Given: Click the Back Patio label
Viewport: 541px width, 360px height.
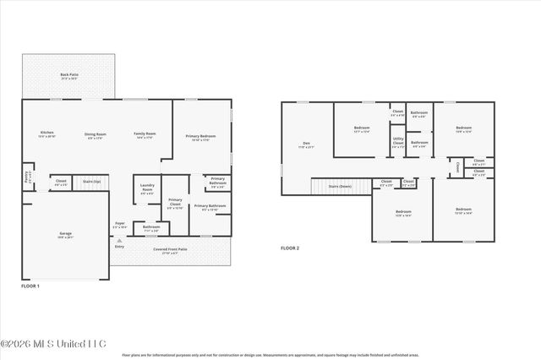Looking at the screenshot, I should [69, 76].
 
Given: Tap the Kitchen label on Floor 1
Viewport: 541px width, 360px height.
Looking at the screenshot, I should [47, 134].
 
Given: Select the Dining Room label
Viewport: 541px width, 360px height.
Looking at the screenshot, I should [95, 135].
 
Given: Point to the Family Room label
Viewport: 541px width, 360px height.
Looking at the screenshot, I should [145, 135].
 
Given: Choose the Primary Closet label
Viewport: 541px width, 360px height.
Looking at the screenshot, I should [174, 203].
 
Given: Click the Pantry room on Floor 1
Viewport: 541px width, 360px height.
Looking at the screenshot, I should [26, 180].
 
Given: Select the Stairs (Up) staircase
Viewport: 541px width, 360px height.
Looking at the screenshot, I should [91, 182].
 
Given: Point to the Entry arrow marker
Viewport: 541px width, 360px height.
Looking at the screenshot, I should [119, 241].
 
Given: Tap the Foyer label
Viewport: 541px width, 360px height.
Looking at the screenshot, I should [120, 226].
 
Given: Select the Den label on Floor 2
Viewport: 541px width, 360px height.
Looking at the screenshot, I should [306, 145].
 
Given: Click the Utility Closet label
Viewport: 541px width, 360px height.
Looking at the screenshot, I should [397, 142].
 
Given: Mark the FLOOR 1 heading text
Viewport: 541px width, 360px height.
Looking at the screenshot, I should [30, 286].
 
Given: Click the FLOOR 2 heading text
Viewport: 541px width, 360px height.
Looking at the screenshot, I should [290, 248].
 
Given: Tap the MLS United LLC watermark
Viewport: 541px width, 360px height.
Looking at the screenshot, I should [52, 343].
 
